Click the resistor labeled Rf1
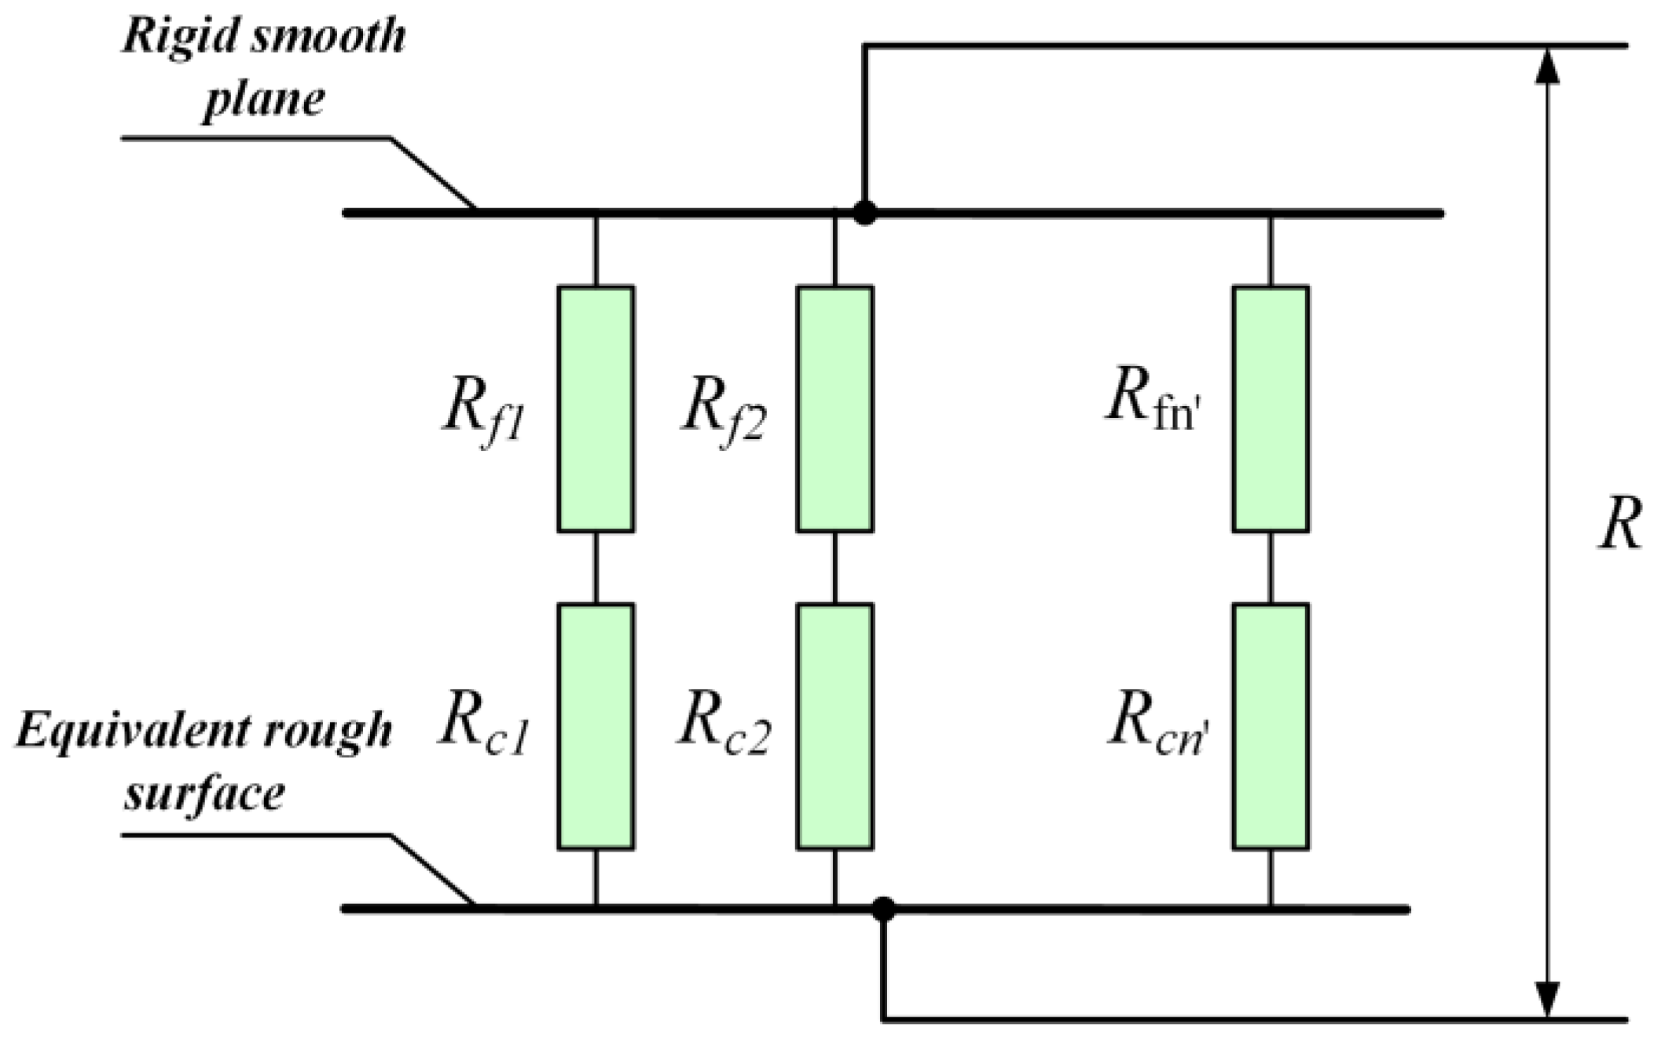pyautogui.click(x=596, y=409)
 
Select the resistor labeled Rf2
pyautogui.click(x=834, y=409)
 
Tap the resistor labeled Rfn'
pyautogui.click(x=1271, y=409)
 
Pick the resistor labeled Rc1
pyautogui.click(x=596, y=727)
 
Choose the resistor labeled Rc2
pyautogui.click(x=834, y=727)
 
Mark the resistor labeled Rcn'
pyautogui.click(x=1271, y=727)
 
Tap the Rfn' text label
pyautogui.click(x=1153, y=404)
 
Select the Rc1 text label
pyautogui.click(x=483, y=724)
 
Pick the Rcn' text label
pyautogui.click(x=1157, y=724)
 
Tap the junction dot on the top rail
pyautogui.click(x=864, y=213)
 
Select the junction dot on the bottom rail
pyautogui.click(x=883, y=910)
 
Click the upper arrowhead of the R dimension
pyautogui.click(x=1547, y=64)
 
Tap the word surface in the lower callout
pyautogui.click(x=204, y=793)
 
